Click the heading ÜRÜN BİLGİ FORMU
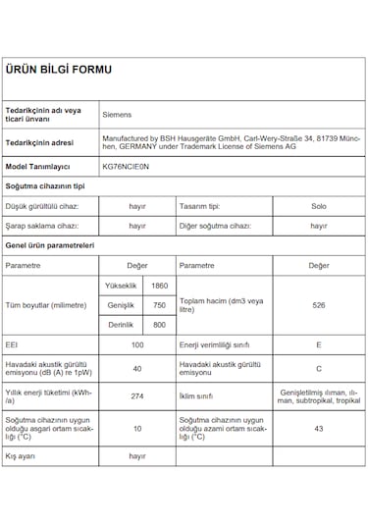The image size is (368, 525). click(x=59, y=70)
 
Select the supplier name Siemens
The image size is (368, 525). click(x=118, y=114)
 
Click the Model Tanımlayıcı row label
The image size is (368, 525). click(x=37, y=167)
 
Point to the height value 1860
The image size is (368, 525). click(x=159, y=285)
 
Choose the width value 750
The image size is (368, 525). click(x=159, y=305)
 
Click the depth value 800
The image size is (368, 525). click(x=159, y=325)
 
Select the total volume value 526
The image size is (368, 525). click(x=318, y=305)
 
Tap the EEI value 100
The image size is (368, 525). click(x=137, y=345)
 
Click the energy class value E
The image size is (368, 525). click(x=318, y=345)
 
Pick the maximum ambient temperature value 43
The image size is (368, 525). click(x=318, y=428)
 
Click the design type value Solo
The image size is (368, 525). click(x=318, y=206)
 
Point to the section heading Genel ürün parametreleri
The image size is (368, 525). click(x=48, y=244)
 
